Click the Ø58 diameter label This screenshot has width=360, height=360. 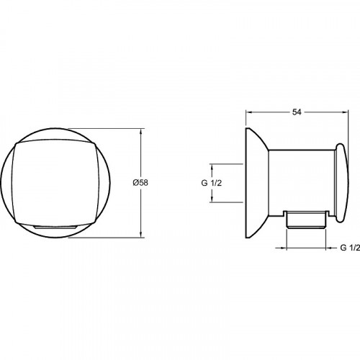click(x=140, y=183)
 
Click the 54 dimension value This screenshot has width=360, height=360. click(x=297, y=112)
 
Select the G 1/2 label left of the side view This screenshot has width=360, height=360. click(x=212, y=183)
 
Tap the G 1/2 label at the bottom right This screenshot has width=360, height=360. click(x=350, y=248)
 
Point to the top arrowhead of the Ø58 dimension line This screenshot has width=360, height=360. click(x=141, y=131)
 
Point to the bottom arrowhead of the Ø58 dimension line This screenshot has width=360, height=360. click(x=141, y=235)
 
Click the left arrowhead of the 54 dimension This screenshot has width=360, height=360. click(x=248, y=112)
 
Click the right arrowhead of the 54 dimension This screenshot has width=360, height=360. click(x=345, y=112)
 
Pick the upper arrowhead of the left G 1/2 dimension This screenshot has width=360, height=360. click(x=212, y=167)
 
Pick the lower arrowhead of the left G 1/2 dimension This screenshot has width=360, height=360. click(x=212, y=199)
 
